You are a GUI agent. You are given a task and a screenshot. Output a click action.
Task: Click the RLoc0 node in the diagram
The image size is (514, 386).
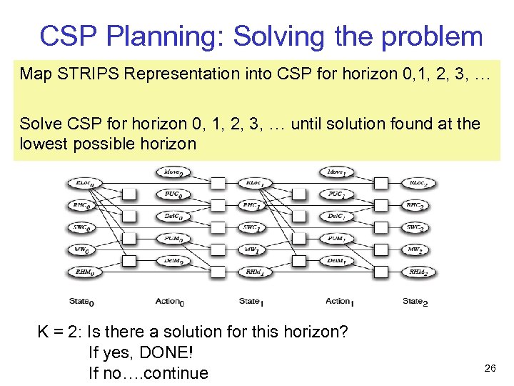(85, 184)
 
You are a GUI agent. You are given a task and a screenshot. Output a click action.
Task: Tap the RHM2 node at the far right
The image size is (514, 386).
(417, 272)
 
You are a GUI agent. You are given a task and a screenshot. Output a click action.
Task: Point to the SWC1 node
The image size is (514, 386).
(251, 228)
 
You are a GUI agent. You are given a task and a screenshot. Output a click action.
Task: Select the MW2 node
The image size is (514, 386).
(417, 249)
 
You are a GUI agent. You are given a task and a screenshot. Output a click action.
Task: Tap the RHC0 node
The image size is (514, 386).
(85, 205)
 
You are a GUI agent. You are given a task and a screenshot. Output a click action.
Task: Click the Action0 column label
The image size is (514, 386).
(171, 301)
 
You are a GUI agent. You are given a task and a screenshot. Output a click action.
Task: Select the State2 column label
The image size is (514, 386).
(415, 301)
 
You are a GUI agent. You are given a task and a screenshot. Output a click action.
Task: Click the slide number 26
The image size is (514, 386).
(490, 368)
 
